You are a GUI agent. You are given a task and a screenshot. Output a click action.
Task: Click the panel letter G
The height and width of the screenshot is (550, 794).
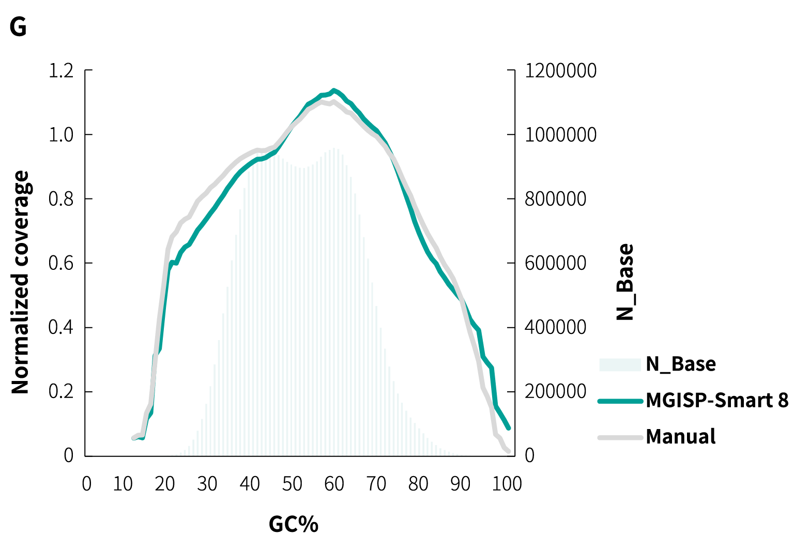click(18, 27)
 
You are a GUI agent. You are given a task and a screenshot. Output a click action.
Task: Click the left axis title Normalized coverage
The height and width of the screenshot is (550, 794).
click(21, 282)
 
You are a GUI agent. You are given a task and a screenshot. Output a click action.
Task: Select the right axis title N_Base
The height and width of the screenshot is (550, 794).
click(625, 282)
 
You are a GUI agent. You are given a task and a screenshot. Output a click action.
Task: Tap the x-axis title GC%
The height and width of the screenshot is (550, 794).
click(293, 524)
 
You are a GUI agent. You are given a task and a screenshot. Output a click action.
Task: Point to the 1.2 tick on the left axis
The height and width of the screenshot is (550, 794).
click(61, 71)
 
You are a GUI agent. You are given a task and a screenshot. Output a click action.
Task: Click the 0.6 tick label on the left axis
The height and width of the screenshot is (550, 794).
click(61, 263)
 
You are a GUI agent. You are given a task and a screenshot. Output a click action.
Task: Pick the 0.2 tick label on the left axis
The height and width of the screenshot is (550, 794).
click(61, 392)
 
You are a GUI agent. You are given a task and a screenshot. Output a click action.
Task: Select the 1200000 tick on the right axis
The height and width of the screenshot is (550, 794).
click(560, 71)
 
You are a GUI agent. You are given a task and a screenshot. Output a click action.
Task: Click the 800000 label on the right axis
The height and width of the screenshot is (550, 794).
click(555, 199)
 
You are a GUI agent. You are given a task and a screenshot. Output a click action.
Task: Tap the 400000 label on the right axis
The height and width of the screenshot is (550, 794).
click(555, 327)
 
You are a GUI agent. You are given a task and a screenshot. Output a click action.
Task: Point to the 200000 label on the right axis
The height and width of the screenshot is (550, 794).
click(555, 391)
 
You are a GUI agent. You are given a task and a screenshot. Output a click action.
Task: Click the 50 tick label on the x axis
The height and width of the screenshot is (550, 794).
click(292, 484)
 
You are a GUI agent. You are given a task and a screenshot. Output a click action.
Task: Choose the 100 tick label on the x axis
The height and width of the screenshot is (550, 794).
click(507, 484)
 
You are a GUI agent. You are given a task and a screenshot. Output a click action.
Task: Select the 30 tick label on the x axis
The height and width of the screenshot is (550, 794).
click(207, 484)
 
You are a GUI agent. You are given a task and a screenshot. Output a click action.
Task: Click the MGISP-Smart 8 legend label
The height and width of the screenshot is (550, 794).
click(717, 401)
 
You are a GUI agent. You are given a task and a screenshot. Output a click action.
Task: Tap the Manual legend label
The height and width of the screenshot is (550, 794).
click(680, 437)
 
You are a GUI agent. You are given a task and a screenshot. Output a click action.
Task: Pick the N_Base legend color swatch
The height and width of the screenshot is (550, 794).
click(620, 364)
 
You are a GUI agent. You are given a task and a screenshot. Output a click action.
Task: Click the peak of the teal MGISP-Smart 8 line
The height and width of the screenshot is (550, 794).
click(334, 90)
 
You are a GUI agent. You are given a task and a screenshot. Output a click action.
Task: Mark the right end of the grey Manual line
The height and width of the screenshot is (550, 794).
click(509, 451)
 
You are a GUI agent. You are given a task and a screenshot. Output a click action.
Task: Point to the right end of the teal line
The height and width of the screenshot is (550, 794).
click(509, 428)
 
